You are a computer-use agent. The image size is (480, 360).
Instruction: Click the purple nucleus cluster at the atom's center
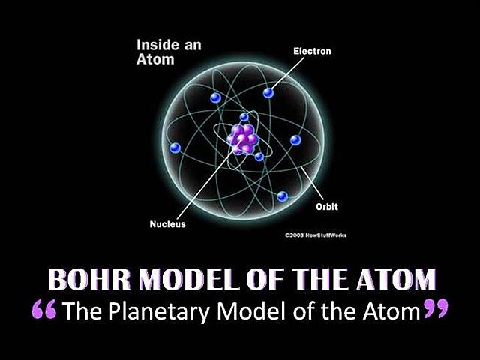244,138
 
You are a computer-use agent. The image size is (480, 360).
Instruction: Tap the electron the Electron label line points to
268,92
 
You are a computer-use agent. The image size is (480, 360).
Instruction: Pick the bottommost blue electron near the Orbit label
282,196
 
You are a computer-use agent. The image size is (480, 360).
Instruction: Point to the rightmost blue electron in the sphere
295,140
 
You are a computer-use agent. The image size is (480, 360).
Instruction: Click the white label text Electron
311,52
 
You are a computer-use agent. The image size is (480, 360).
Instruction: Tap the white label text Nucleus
168,223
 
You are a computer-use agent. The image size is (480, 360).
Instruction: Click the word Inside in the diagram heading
155,45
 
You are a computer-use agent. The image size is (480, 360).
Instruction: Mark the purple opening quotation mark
46,309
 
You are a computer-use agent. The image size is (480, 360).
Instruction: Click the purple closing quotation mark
434,309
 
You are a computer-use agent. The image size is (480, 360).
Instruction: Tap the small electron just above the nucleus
244,117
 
